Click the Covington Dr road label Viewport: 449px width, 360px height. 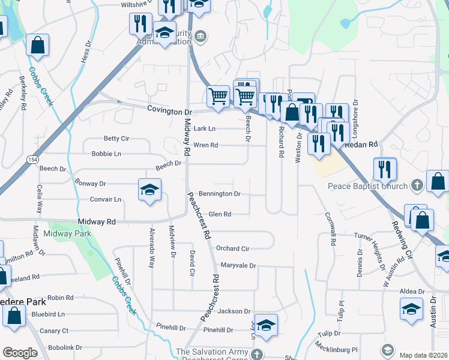(x=169, y=112)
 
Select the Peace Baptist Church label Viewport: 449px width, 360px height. (x=368, y=186)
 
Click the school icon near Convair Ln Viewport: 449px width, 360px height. (x=149, y=191)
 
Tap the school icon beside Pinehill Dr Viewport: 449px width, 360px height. (x=266, y=326)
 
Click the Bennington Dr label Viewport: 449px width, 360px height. (x=220, y=194)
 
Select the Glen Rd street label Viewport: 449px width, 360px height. (x=220, y=214)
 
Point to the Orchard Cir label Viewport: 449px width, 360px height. (x=232, y=248)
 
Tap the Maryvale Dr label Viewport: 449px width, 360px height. (x=238, y=265)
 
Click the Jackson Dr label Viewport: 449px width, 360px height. (x=234, y=311)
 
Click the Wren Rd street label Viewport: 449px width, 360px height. (x=205, y=145)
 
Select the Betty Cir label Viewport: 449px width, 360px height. (x=116, y=138)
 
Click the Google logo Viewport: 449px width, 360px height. (x=20, y=353)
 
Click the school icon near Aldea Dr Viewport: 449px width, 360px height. (x=411, y=309)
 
